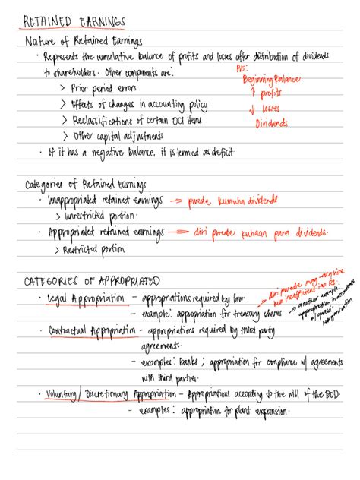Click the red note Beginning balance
click(272, 79)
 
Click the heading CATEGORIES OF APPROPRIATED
click(93, 279)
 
